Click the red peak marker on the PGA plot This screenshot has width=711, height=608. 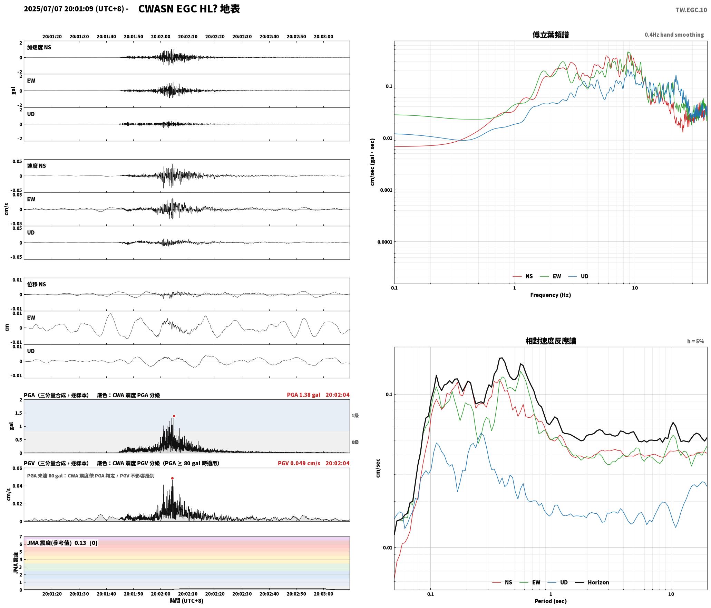tap(174, 416)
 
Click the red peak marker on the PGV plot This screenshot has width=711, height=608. tap(172, 478)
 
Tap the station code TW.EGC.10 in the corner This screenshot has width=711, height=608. tap(691, 10)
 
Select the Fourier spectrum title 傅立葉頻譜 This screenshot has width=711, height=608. tap(551, 35)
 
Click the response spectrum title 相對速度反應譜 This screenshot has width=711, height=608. tap(551, 341)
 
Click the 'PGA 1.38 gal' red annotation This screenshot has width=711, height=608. tap(303, 395)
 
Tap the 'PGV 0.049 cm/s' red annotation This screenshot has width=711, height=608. tap(299, 463)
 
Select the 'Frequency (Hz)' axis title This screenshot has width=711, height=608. tap(551, 295)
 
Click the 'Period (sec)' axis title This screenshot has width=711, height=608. tap(551, 601)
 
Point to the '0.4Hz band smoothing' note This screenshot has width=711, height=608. tap(674, 35)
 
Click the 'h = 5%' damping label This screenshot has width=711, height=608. tap(695, 341)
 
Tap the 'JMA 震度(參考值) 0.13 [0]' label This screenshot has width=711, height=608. tap(62, 543)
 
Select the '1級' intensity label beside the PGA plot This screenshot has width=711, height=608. tap(355, 416)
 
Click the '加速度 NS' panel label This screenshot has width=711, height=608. tap(39, 47)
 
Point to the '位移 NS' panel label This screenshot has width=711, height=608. tap(37, 284)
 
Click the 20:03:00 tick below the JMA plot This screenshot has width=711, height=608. tap(323, 594)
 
